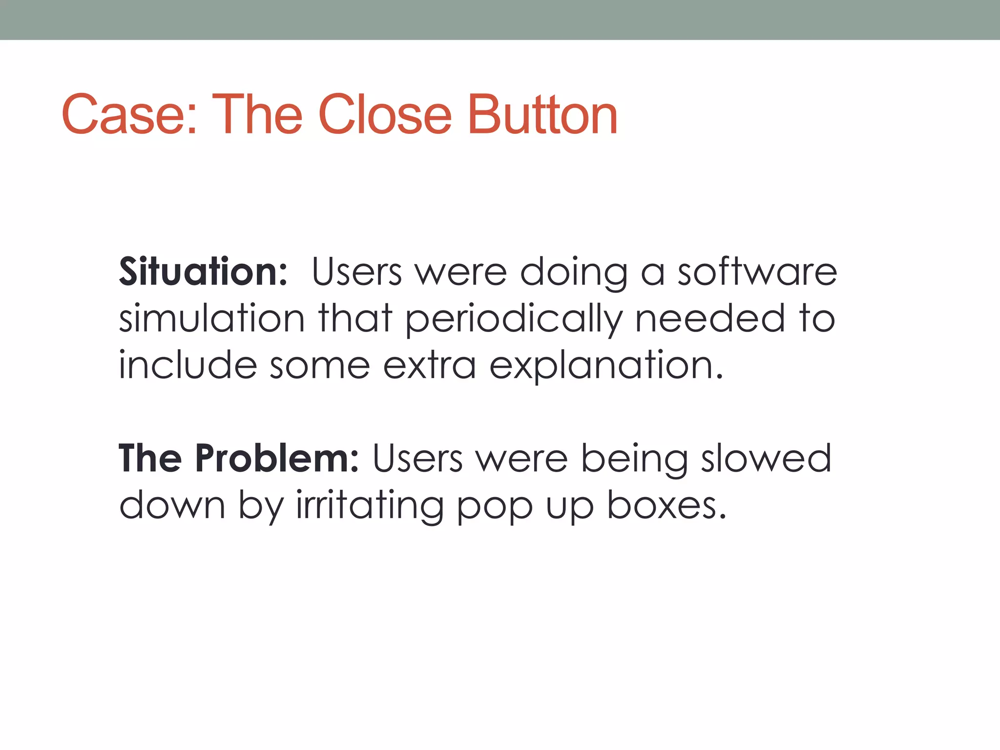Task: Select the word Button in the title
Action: [542, 115]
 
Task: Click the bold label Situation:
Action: [203, 271]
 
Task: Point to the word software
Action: [757, 271]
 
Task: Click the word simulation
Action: [212, 318]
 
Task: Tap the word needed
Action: [710, 318]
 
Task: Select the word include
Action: [187, 365]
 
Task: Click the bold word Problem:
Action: [276, 459]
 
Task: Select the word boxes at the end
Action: [666, 505]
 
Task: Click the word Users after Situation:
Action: [356, 271]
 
